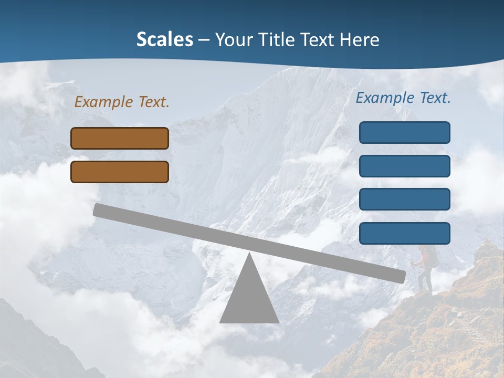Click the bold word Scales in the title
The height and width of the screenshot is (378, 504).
(x=164, y=39)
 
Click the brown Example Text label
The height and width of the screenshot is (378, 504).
(x=122, y=102)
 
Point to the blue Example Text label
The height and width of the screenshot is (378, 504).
(x=403, y=98)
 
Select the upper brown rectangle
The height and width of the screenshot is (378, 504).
(x=120, y=138)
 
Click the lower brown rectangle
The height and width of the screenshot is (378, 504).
(x=120, y=172)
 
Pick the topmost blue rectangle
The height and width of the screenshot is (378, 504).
(x=404, y=132)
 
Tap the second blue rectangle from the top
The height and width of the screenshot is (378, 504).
(x=404, y=166)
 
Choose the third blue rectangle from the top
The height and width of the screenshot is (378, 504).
(x=404, y=199)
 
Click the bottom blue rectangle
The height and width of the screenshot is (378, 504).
(x=404, y=233)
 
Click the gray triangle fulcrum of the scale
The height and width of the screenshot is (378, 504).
(x=249, y=299)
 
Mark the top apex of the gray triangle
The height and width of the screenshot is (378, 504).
(x=249, y=255)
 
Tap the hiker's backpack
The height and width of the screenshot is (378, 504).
(x=432, y=256)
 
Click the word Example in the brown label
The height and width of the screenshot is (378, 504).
(x=104, y=102)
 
